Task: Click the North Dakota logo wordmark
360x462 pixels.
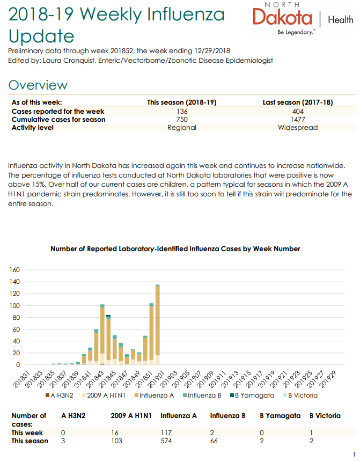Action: pos(282,17)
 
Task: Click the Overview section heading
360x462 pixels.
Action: pos(38,85)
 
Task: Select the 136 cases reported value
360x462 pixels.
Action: pos(182,112)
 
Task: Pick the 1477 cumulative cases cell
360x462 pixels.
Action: pos(298,119)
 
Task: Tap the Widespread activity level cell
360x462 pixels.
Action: pos(298,128)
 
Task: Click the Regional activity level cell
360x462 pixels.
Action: pos(182,128)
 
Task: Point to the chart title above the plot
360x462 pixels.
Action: pos(175,249)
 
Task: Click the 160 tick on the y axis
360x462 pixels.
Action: pos(14,270)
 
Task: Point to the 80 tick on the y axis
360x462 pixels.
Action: pos(16,318)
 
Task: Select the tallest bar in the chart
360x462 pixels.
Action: pos(158,325)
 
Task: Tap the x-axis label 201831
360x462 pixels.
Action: pos(21,379)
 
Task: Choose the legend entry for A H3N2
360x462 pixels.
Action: pos(59,395)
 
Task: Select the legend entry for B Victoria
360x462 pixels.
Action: pos(300,395)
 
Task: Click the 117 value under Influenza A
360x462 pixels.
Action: pos(166,433)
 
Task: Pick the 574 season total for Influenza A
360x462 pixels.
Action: pos(166,441)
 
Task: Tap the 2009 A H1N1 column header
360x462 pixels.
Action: pos(131,416)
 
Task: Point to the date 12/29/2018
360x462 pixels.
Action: pos(212,50)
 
